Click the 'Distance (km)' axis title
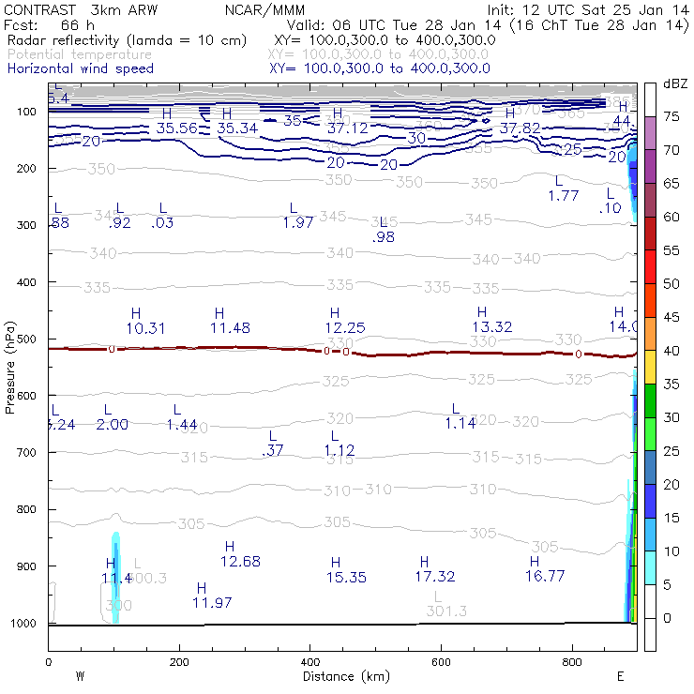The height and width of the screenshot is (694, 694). [x=342, y=676]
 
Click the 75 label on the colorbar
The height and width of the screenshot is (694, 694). [x=671, y=117]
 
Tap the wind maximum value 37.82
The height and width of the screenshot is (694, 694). [x=520, y=128]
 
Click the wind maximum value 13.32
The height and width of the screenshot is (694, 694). [x=491, y=326]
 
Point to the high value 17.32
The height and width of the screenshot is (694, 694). [x=434, y=576]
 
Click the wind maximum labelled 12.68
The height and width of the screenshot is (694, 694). [x=240, y=561]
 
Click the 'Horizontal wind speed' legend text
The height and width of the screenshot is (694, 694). [x=81, y=68]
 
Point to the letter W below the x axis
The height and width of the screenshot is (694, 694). [x=81, y=676]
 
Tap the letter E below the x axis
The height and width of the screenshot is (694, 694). [x=621, y=676]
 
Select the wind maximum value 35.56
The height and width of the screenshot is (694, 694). [x=176, y=128]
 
